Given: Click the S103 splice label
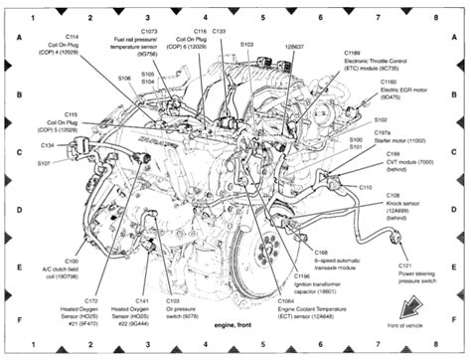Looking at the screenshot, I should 246,45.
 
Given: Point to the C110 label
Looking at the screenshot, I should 365,187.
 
